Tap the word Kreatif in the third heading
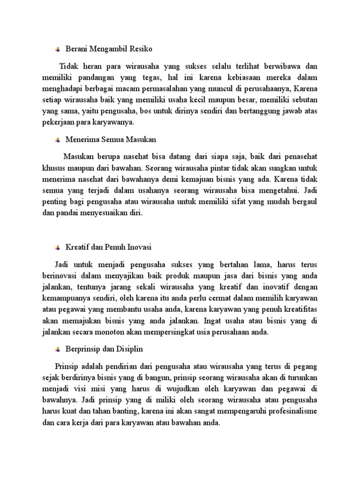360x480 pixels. pyautogui.click(x=76, y=247)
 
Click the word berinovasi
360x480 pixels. pyautogui.click(x=69, y=275)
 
